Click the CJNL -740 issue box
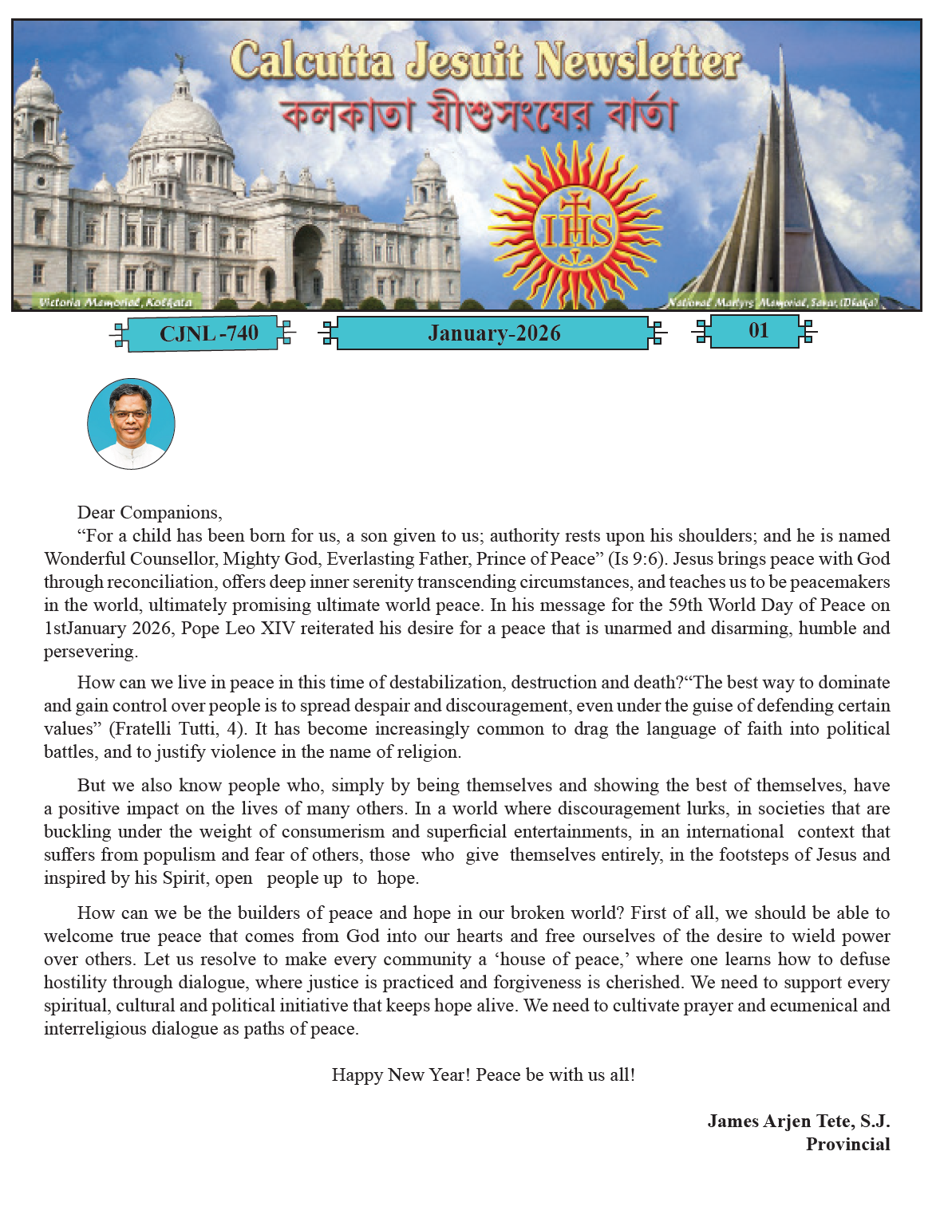point(208,333)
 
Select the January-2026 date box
point(493,333)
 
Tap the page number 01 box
point(757,331)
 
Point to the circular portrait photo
point(131,424)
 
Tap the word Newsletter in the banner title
point(638,61)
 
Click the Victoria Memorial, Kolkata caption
point(116,302)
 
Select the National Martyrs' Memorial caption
point(772,302)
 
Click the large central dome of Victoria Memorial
point(183,120)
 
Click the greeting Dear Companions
point(149,513)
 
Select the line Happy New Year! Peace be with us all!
point(484,1075)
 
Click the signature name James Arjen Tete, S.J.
point(798,1122)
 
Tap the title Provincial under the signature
point(847,1145)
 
